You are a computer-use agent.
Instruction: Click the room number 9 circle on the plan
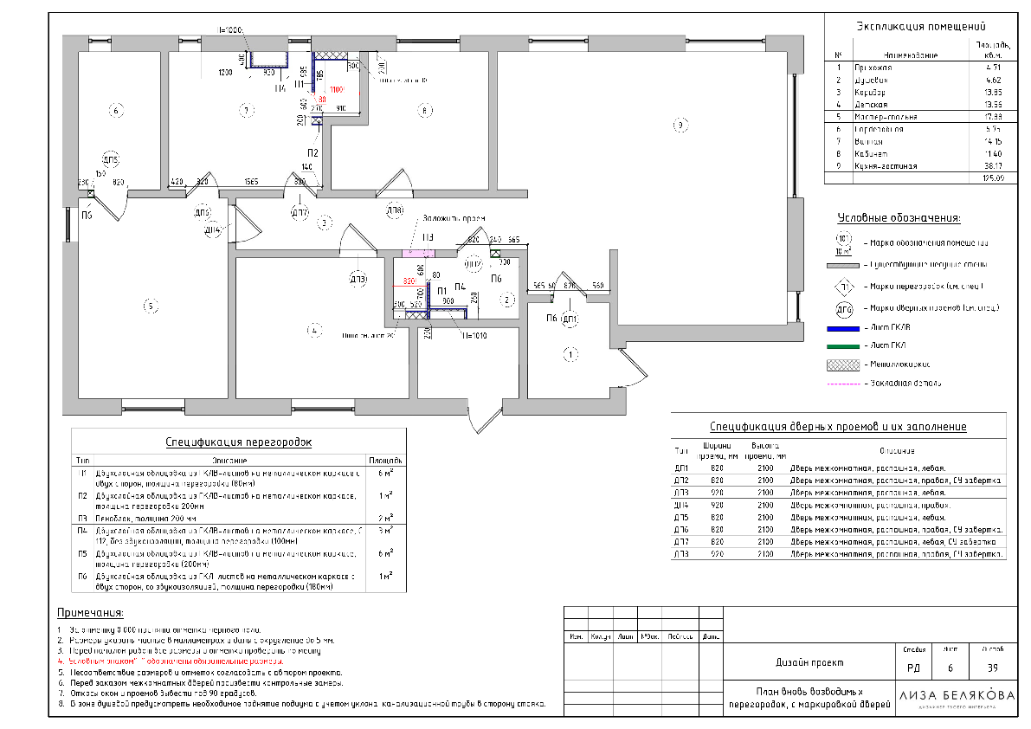click(680, 126)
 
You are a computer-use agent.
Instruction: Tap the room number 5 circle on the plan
click(149, 306)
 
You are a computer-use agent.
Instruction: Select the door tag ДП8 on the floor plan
click(394, 210)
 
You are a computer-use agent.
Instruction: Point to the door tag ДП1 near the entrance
click(570, 319)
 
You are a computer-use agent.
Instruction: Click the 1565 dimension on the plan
click(252, 182)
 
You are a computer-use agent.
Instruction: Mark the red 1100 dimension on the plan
click(336, 90)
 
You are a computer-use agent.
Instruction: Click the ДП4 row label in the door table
click(680, 504)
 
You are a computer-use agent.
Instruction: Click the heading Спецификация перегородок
click(238, 442)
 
